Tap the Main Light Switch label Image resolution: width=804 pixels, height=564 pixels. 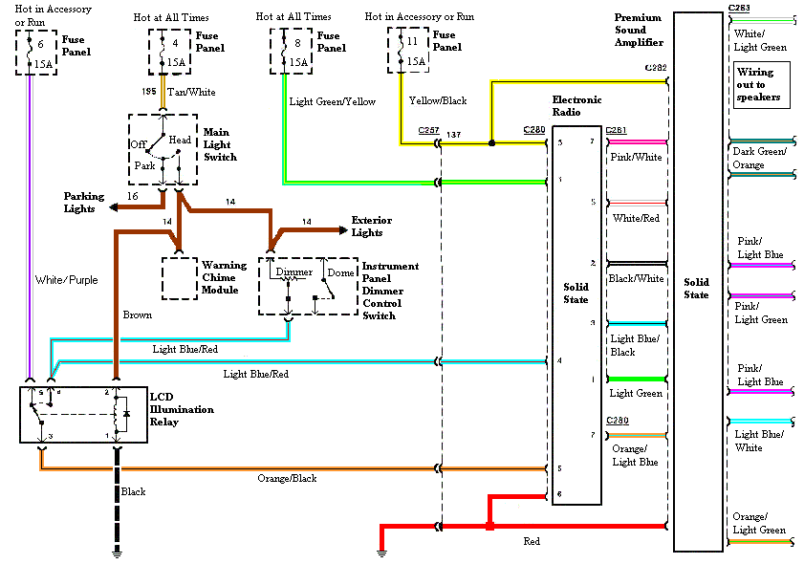click(x=219, y=143)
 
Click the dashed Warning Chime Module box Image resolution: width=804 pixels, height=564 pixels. click(x=178, y=278)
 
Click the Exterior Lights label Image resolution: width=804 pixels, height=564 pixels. click(x=371, y=227)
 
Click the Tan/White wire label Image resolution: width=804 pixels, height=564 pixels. click(x=191, y=93)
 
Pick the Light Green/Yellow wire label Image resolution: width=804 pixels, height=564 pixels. click(x=332, y=101)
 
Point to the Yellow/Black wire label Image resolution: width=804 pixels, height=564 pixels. click(x=439, y=99)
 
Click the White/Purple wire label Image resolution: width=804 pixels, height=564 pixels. click(x=64, y=280)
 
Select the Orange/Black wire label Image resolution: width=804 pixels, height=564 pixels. click(x=287, y=478)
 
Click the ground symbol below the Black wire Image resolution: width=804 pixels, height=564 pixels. click(x=117, y=552)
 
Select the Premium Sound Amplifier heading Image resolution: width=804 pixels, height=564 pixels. click(x=638, y=31)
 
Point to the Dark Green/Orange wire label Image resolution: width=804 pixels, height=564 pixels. click(x=759, y=158)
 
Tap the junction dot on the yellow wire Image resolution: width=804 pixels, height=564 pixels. click(x=491, y=143)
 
